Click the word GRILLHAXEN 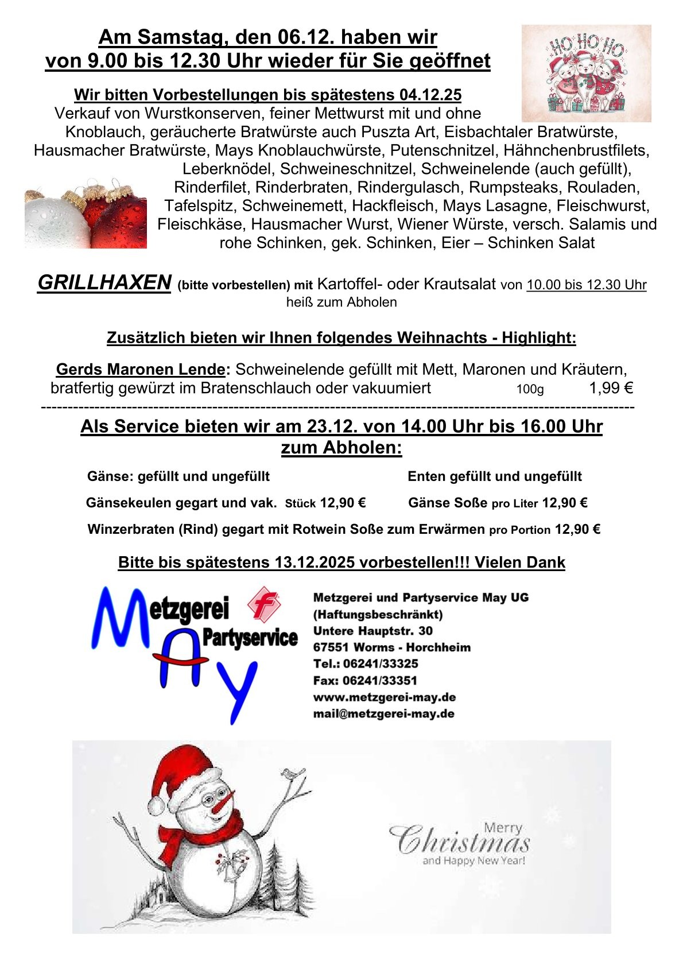pos(104,282)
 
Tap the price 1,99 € pos(611,388)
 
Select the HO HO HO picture pos(586,73)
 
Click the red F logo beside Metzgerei pos(263,603)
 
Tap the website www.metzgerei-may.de pos(385,697)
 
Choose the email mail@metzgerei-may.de pos(384,714)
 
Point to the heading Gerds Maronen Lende pos(140,369)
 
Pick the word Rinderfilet pos(212,188)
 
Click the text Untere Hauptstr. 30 pos(373,631)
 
